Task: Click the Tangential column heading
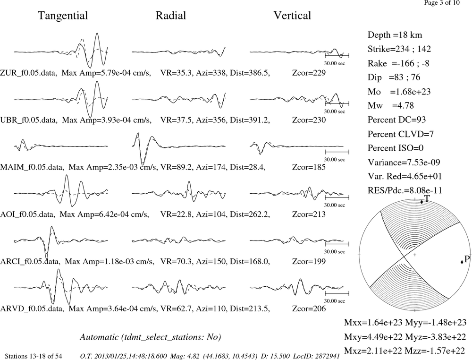[x=63, y=16]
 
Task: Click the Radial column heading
[x=171, y=16]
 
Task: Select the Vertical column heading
[x=292, y=16]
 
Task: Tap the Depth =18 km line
[x=395, y=35]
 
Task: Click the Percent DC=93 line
[x=397, y=120]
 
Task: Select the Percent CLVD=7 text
[x=401, y=134]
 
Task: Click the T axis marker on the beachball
[x=421, y=202]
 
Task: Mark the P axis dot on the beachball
[x=462, y=262]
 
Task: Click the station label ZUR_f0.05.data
[x=29, y=73]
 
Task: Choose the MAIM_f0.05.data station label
[x=32, y=167]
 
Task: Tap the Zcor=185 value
[x=309, y=167]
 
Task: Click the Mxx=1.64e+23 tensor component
[x=373, y=322]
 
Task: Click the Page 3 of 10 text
[x=442, y=3]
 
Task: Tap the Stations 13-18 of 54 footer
[x=34, y=356]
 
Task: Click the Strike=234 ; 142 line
[x=399, y=49]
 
